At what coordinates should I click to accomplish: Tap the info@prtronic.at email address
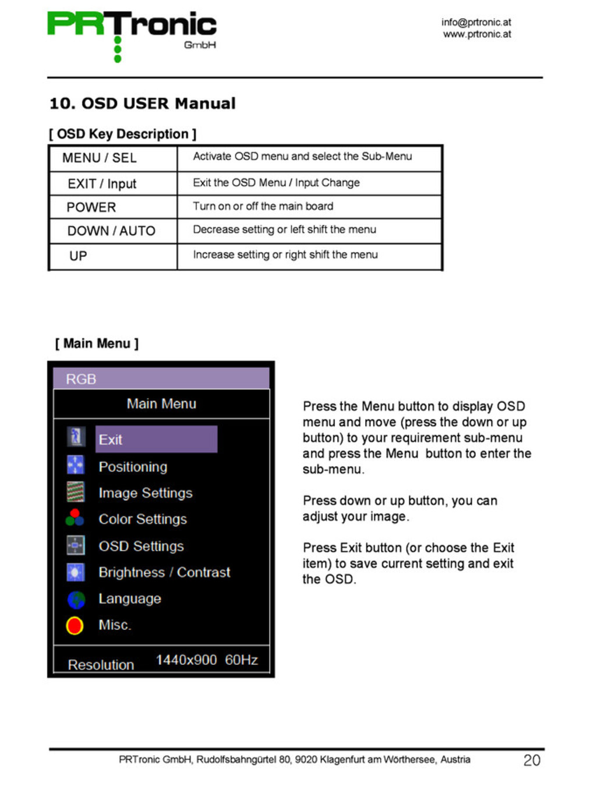click(x=476, y=22)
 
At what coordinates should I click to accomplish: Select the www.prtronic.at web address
click(x=476, y=34)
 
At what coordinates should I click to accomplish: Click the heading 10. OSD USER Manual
click(x=142, y=104)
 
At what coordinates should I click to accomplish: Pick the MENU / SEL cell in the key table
click(x=100, y=158)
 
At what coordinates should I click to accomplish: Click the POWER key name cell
click(x=91, y=207)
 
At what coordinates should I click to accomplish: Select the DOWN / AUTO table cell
click(x=111, y=231)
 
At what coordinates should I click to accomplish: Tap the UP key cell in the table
click(x=78, y=256)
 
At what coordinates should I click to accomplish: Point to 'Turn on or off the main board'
click(x=263, y=206)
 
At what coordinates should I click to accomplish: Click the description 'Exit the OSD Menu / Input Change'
click(x=276, y=183)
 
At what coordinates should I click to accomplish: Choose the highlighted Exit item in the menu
click(x=156, y=440)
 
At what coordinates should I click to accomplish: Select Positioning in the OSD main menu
click(x=133, y=467)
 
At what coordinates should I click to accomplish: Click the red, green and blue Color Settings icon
click(x=75, y=518)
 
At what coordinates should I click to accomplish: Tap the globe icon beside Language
click(x=76, y=599)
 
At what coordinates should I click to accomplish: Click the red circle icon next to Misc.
click(x=75, y=625)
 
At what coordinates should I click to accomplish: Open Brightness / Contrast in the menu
click(x=164, y=573)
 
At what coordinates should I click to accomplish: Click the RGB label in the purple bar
click(x=81, y=380)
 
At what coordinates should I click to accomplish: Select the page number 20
click(x=532, y=760)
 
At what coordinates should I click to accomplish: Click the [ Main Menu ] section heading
click(x=97, y=344)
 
